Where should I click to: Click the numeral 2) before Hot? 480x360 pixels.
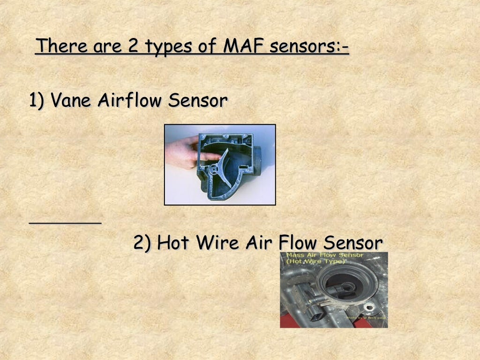142,243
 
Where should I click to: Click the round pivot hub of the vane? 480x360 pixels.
214,170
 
